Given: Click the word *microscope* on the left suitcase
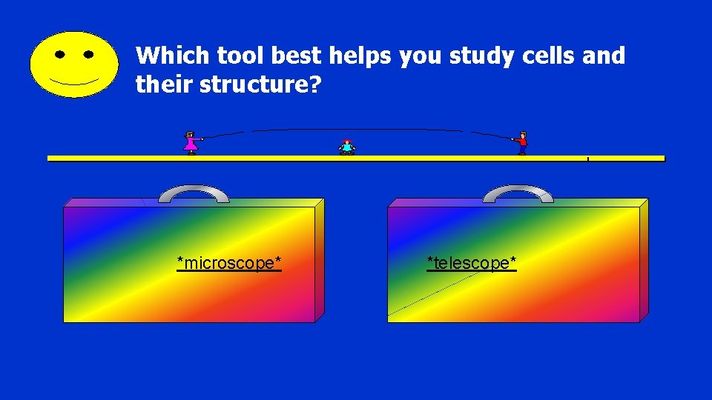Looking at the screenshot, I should pos(229,263).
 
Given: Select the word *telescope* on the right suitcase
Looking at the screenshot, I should pos(472,263).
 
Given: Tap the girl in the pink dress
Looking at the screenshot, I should pos(191,142).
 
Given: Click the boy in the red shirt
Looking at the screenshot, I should pos(522,142).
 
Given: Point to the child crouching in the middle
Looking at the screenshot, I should pos(346,147).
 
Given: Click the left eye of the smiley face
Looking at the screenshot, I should pos(59,54).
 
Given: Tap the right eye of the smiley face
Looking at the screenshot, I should pos(89,54).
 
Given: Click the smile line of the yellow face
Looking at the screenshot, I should pos(73,81).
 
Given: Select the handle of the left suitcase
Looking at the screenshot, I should pos(194,193).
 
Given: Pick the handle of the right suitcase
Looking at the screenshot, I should pos(518,193).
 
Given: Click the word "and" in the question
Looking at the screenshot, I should pos(604,56).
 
